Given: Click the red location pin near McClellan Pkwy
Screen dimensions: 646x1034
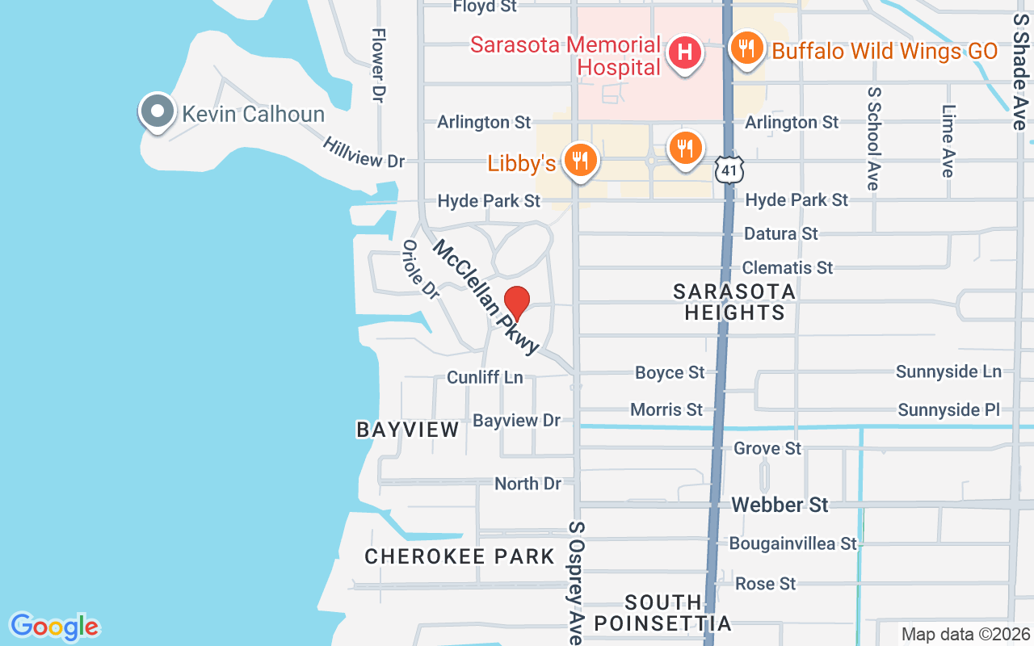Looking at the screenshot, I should click(x=517, y=304).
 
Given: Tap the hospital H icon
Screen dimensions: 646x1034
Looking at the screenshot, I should click(x=684, y=53).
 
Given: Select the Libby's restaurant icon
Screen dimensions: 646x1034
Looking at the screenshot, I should click(x=579, y=160).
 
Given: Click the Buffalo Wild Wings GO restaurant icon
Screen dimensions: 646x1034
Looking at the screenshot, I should click(x=746, y=48).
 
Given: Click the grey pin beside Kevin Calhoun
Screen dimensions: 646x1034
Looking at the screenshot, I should click(x=158, y=111).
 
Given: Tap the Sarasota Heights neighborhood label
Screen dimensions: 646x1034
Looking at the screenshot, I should click(x=734, y=302).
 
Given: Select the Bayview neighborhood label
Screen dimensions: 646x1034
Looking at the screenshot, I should click(x=408, y=430).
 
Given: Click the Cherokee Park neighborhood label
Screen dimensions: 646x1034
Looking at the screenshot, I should click(x=460, y=556).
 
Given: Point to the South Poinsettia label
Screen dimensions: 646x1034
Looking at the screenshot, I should click(x=663, y=613).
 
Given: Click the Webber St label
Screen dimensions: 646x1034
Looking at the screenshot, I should click(x=780, y=505).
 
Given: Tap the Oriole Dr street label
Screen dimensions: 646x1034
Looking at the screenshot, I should click(x=420, y=270).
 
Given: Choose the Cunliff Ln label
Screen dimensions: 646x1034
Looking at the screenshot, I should click(x=485, y=377).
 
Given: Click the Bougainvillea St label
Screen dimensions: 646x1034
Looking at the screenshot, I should click(x=792, y=543).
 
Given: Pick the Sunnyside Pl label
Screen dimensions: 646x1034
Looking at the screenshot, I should click(x=949, y=410).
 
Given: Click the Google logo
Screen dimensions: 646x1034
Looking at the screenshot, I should click(x=55, y=627).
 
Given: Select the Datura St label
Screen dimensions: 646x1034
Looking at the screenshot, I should click(x=780, y=234).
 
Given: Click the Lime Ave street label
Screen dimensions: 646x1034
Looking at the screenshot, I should click(x=948, y=141).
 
